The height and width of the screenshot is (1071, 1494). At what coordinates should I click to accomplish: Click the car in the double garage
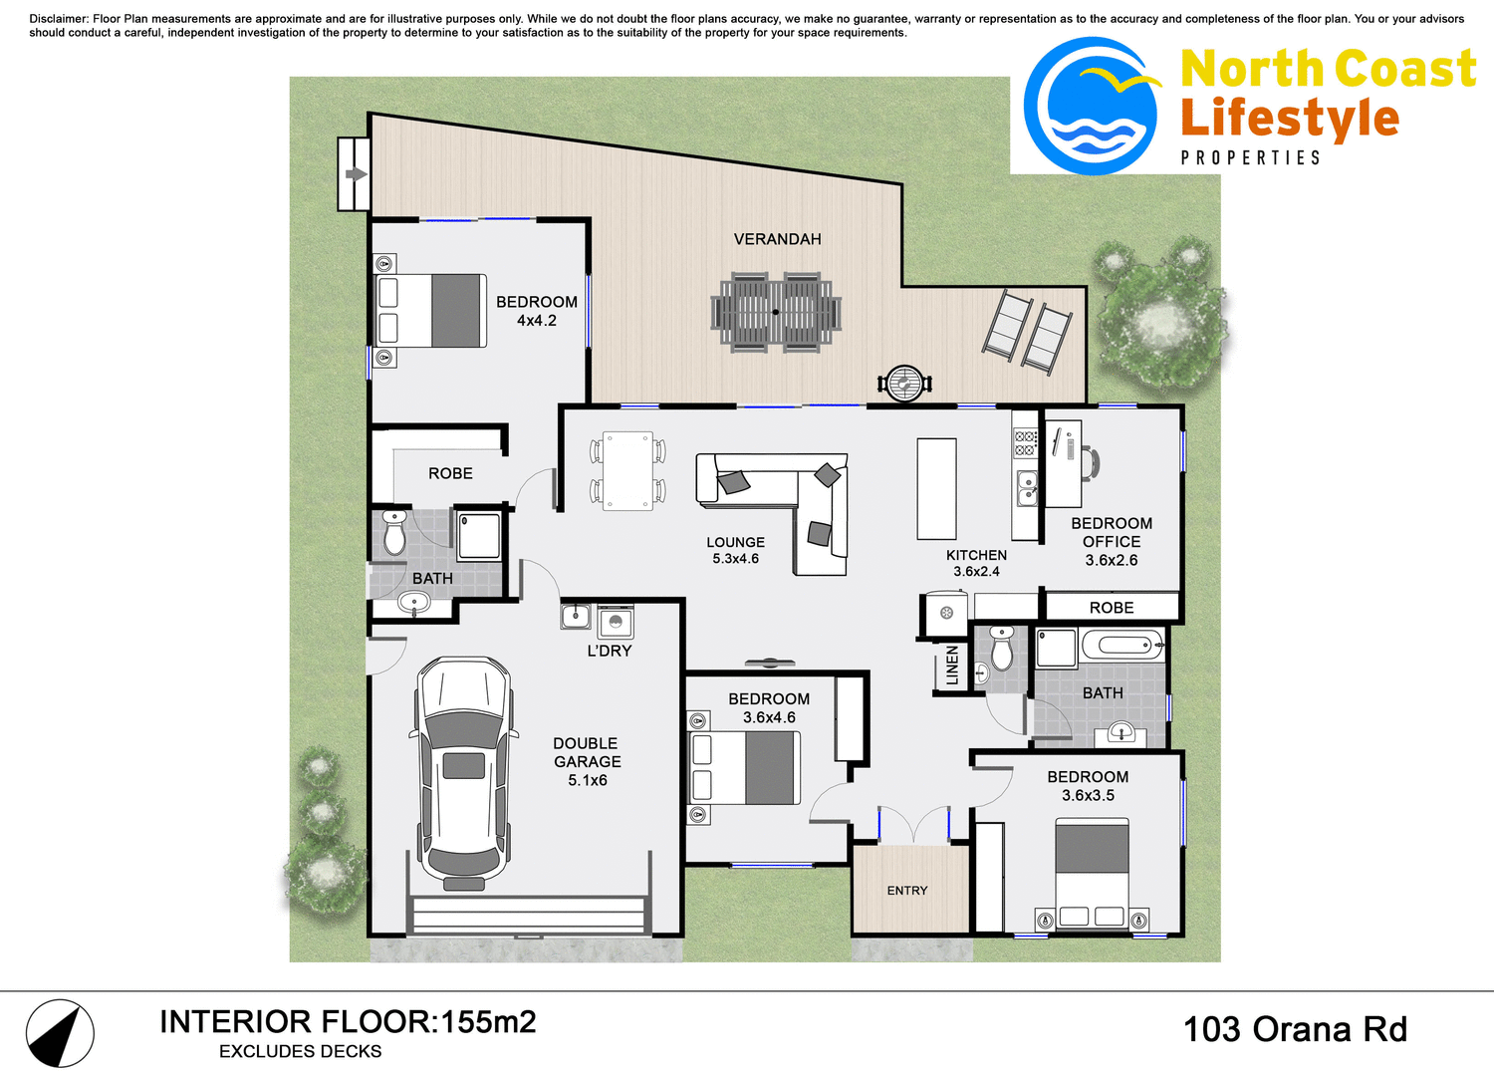(463, 772)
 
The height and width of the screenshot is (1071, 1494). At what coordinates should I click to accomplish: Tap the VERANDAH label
(777, 239)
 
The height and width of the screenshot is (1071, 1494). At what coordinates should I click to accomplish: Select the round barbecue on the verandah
(904, 383)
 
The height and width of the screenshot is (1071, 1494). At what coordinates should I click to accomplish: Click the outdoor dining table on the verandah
(776, 312)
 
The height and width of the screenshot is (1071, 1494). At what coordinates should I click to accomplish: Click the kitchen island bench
(936, 488)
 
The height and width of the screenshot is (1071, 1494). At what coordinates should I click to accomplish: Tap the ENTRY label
(906, 891)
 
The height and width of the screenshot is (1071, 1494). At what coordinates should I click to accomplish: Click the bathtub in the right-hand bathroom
(1121, 645)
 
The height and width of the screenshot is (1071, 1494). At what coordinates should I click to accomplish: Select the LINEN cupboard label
(952, 665)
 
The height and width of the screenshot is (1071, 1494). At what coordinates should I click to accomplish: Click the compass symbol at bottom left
(60, 1033)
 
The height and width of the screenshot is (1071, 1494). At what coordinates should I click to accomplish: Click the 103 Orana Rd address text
(1294, 1029)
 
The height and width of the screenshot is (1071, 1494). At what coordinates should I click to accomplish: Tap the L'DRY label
(609, 651)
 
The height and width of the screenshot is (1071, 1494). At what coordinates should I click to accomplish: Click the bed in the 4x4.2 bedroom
(432, 311)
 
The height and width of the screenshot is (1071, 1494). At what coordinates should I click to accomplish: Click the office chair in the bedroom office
(1092, 463)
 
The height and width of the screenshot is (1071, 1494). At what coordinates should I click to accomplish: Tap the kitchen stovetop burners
(1025, 444)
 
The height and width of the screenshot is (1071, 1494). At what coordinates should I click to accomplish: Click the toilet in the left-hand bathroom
(394, 534)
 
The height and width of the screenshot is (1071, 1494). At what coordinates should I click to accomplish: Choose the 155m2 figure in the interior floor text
(488, 1022)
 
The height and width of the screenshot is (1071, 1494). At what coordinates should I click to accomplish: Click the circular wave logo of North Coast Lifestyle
(1092, 107)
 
